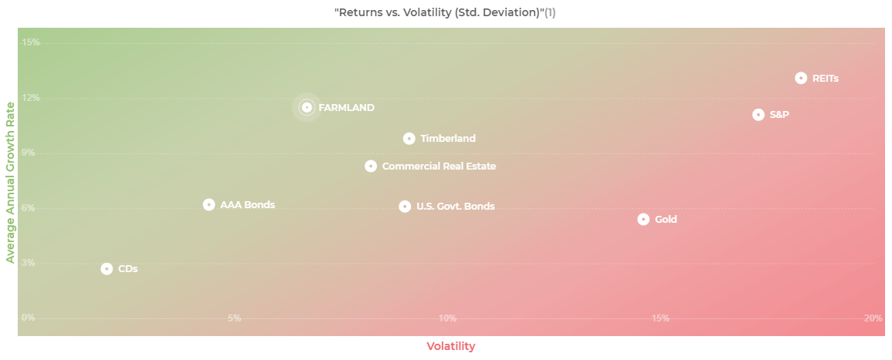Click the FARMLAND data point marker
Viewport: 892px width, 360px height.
[x=307, y=108]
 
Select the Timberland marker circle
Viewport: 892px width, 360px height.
[x=409, y=139]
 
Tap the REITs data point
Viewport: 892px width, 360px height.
[x=801, y=78]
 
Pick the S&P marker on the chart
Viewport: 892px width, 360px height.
[x=758, y=115]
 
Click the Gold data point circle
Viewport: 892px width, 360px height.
[x=643, y=219]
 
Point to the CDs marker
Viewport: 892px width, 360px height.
[x=106, y=269]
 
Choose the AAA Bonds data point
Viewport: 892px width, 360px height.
[x=209, y=205]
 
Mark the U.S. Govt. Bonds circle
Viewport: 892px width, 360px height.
[x=405, y=207]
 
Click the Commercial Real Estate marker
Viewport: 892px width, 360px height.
[x=371, y=167]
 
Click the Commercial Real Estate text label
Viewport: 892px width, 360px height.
[x=439, y=167]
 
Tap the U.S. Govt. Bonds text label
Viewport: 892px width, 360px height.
[x=455, y=207]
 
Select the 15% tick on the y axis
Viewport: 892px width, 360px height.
[x=30, y=42]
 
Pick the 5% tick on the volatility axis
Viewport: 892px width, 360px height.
[x=234, y=318]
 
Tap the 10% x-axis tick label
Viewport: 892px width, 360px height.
[x=447, y=318]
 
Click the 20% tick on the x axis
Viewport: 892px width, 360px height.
[x=873, y=318]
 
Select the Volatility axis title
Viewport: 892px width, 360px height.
[x=451, y=346]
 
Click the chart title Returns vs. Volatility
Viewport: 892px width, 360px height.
[x=446, y=13]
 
